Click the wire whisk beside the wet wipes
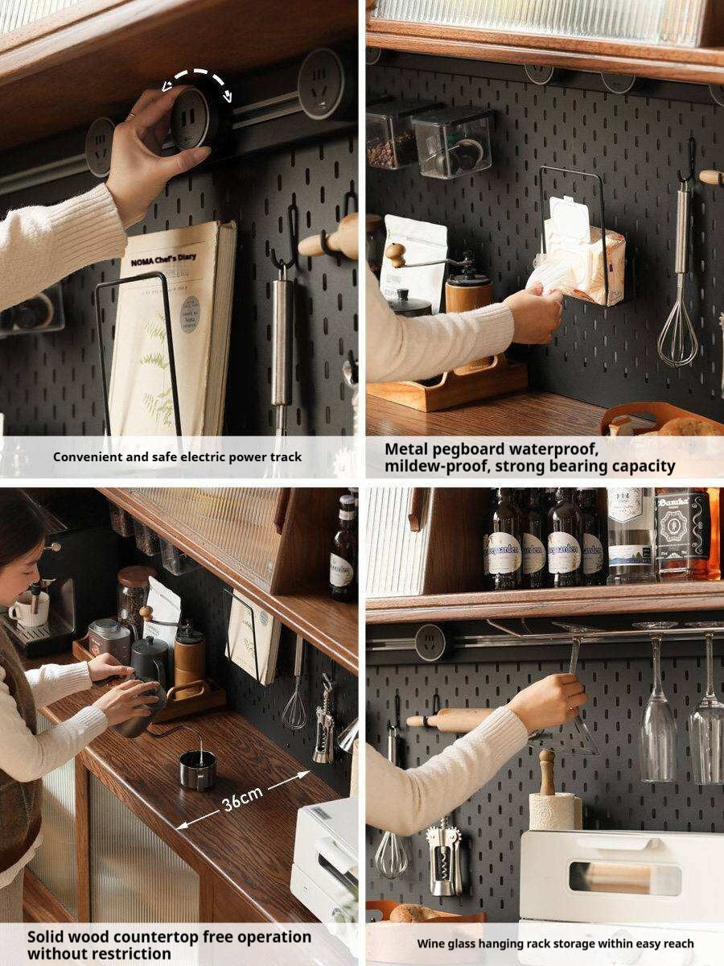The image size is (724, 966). click(678, 330)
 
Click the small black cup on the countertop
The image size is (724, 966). click(197, 768)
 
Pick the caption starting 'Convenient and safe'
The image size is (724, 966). click(178, 456)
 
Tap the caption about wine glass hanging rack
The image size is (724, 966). click(555, 943)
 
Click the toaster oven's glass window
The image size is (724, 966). click(624, 877)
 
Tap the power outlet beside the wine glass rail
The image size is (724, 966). click(430, 642)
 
